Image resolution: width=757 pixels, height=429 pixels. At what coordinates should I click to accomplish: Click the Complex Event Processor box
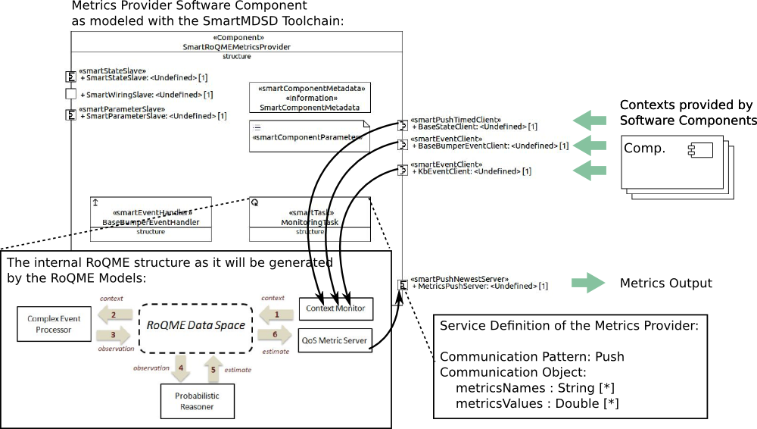point(54,324)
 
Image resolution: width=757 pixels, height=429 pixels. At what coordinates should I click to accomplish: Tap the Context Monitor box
point(336,308)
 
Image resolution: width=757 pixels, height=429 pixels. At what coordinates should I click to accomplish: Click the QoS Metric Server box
point(336,340)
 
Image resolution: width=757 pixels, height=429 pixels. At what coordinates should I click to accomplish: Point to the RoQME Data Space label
point(195,325)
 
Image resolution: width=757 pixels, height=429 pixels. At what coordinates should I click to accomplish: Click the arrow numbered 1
point(276,314)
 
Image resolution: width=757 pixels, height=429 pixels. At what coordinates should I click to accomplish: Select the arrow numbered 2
point(114,314)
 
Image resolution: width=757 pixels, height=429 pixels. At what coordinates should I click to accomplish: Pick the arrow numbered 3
point(114,333)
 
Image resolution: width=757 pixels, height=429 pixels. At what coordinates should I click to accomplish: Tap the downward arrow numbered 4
point(180,369)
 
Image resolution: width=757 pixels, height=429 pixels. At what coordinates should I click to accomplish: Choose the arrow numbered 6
point(276,334)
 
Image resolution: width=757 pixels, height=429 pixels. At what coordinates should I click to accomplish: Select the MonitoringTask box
point(310,219)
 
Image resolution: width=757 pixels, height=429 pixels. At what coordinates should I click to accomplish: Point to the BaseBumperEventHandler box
point(151,219)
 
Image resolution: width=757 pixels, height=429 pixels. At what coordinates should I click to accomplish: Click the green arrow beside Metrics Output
point(588,283)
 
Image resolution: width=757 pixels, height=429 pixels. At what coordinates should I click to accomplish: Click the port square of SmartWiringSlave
point(71,95)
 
